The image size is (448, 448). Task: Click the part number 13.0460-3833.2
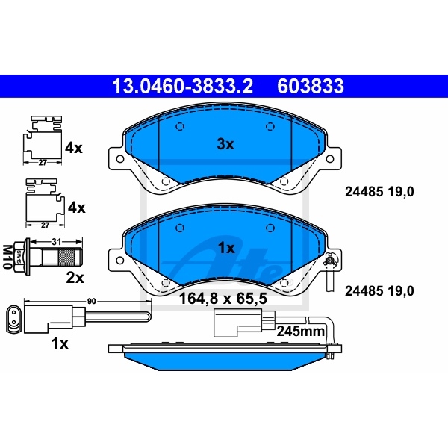[x=181, y=87]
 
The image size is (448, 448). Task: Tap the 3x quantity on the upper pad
[x=225, y=144]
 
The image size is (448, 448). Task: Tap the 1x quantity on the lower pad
[x=225, y=247]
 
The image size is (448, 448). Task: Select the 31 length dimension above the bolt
[x=57, y=240]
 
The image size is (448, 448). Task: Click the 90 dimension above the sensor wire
[x=91, y=300]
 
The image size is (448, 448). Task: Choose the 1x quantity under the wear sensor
[x=59, y=343]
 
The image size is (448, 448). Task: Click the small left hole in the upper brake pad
[x=178, y=125]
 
